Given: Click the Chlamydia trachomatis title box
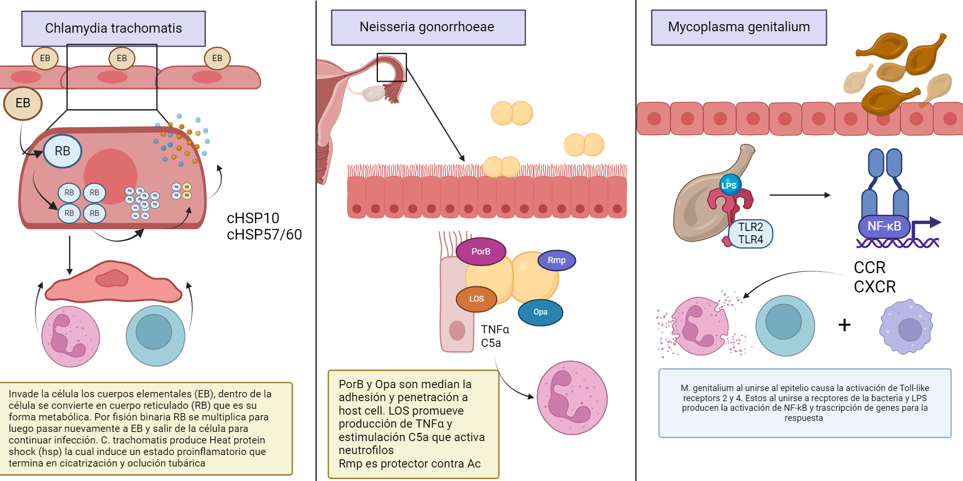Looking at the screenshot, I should (113, 28).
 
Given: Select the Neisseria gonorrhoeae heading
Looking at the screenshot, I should (428, 27).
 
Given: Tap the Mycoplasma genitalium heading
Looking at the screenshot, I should (739, 27).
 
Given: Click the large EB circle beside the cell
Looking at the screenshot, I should (23, 103).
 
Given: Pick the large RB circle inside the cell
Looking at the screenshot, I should (63, 151).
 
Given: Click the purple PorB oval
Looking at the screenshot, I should (481, 252).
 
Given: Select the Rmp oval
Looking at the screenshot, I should (557, 260).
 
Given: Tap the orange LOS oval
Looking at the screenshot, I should (476, 299).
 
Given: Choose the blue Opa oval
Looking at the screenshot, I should (540, 312).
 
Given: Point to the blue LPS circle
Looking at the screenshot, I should (729, 185).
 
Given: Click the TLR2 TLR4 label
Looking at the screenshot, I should (751, 233).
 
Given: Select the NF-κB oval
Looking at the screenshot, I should (884, 226).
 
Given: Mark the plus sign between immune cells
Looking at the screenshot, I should (844, 325).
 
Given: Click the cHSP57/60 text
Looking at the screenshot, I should (264, 235).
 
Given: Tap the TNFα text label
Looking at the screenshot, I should (495, 329).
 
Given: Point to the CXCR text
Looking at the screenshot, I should (874, 287).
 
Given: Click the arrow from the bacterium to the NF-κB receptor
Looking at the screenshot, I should (799, 195).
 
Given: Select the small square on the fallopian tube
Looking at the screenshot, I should (391, 67).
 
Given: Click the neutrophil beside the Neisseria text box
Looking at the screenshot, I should (572, 398).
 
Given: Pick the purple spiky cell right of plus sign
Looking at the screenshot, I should (906, 327).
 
